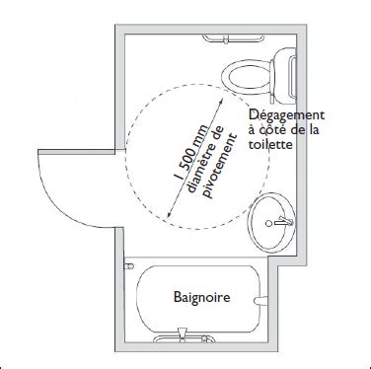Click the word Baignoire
201,296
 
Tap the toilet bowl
243,74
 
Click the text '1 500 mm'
187,146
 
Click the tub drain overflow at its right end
260,297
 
